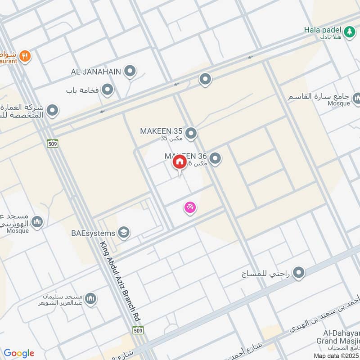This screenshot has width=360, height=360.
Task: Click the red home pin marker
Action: pyautogui.click(x=180, y=162)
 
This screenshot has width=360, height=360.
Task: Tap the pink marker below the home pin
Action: pyautogui.click(x=190, y=207)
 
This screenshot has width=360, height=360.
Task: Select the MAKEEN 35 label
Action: pyautogui.click(x=161, y=131)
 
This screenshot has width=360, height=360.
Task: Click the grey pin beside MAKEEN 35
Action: pyautogui.click(x=191, y=133)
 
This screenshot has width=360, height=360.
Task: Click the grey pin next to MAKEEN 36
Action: pyautogui.click(x=216, y=158)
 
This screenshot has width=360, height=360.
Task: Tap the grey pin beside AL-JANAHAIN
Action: pyautogui.click(x=130, y=71)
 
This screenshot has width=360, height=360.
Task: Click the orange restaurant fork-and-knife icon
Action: pyautogui.click(x=25, y=56)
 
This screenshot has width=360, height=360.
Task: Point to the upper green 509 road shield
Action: pyautogui.click(x=52, y=144)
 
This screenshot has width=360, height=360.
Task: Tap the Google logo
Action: pyautogui.click(x=19, y=353)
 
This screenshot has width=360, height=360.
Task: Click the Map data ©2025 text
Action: pyautogui.click(x=336, y=356)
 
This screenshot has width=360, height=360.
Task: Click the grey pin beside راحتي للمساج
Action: pyautogui.click(x=298, y=272)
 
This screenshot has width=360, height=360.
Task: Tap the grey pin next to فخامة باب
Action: pyautogui.click(x=107, y=90)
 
